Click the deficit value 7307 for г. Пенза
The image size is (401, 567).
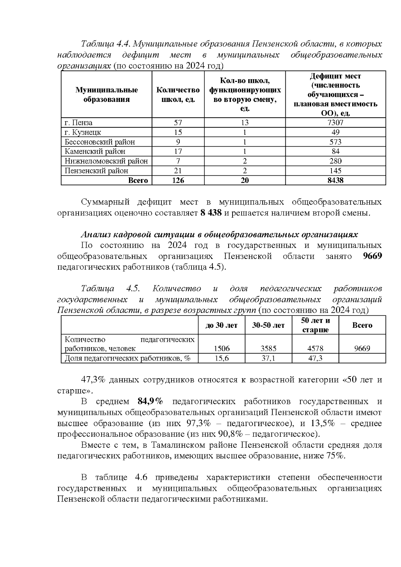point(335,123)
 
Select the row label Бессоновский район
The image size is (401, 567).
point(100,142)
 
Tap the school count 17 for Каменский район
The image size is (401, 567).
point(178,152)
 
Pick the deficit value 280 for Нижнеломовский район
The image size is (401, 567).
point(335,161)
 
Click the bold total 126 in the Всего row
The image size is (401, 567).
point(178,181)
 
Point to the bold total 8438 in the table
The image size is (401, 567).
point(335,181)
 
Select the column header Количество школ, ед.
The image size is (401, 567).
point(178,95)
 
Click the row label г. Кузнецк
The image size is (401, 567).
point(83,132)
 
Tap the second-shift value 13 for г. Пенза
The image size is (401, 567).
point(245,123)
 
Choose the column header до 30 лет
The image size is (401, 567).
point(221,325)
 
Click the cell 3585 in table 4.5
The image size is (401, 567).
point(268,349)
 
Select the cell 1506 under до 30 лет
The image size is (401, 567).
point(222,349)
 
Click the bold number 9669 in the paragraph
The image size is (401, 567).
point(372,256)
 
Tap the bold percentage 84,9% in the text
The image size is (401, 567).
point(150,401)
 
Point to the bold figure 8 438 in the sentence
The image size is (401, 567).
point(211,213)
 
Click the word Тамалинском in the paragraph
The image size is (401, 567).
point(180,445)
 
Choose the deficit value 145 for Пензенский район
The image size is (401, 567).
point(335,171)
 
